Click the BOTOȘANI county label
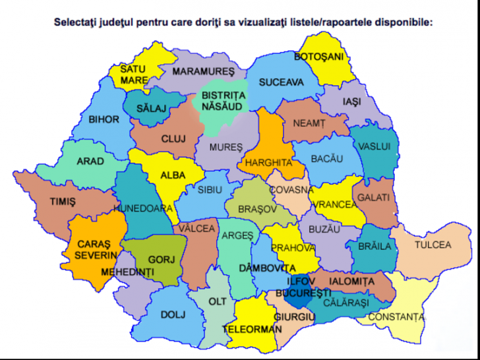click(x=319, y=57)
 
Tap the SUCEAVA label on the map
click(x=282, y=82)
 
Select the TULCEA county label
click(x=433, y=245)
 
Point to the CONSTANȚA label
click(x=396, y=317)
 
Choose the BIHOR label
click(x=104, y=119)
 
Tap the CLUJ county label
click(x=173, y=138)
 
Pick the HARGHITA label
click(x=268, y=162)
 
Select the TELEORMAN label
click(x=248, y=328)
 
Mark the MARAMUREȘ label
click(x=204, y=71)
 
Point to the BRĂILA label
click(x=375, y=246)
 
